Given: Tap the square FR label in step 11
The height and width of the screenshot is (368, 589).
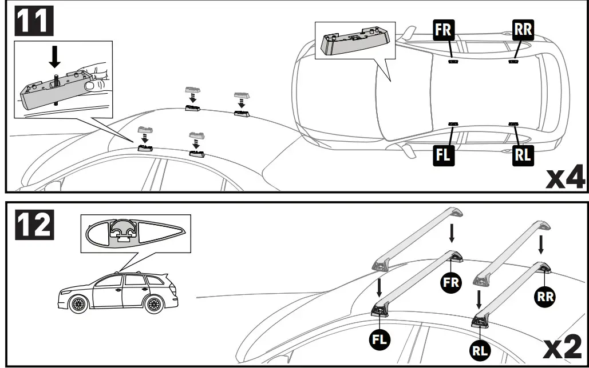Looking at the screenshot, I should point(444,29).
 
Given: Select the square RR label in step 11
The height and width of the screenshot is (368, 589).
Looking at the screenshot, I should point(523,29).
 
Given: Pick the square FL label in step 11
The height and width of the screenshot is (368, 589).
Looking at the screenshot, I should point(444,155).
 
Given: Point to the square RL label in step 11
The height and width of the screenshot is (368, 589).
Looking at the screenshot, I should point(523,155).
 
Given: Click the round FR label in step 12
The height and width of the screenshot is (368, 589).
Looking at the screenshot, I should point(450,282).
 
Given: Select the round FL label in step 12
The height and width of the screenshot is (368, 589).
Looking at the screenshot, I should point(380,338).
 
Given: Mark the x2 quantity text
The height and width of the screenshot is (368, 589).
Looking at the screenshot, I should point(564,347).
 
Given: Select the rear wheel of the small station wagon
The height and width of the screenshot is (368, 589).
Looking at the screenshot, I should point(153,305).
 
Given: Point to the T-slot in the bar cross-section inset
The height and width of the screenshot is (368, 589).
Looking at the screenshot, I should point(122,231).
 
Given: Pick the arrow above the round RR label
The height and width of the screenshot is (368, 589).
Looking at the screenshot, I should point(541,245).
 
